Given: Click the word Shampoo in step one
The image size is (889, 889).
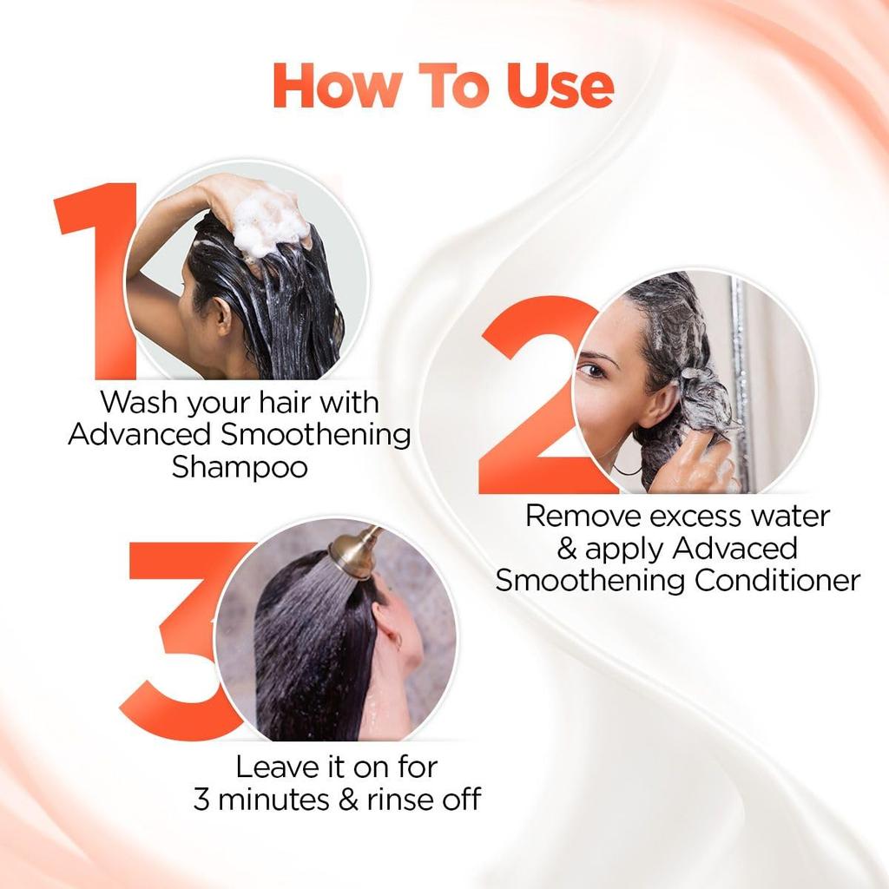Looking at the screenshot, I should pyautogui.click(x=240, y=466).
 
